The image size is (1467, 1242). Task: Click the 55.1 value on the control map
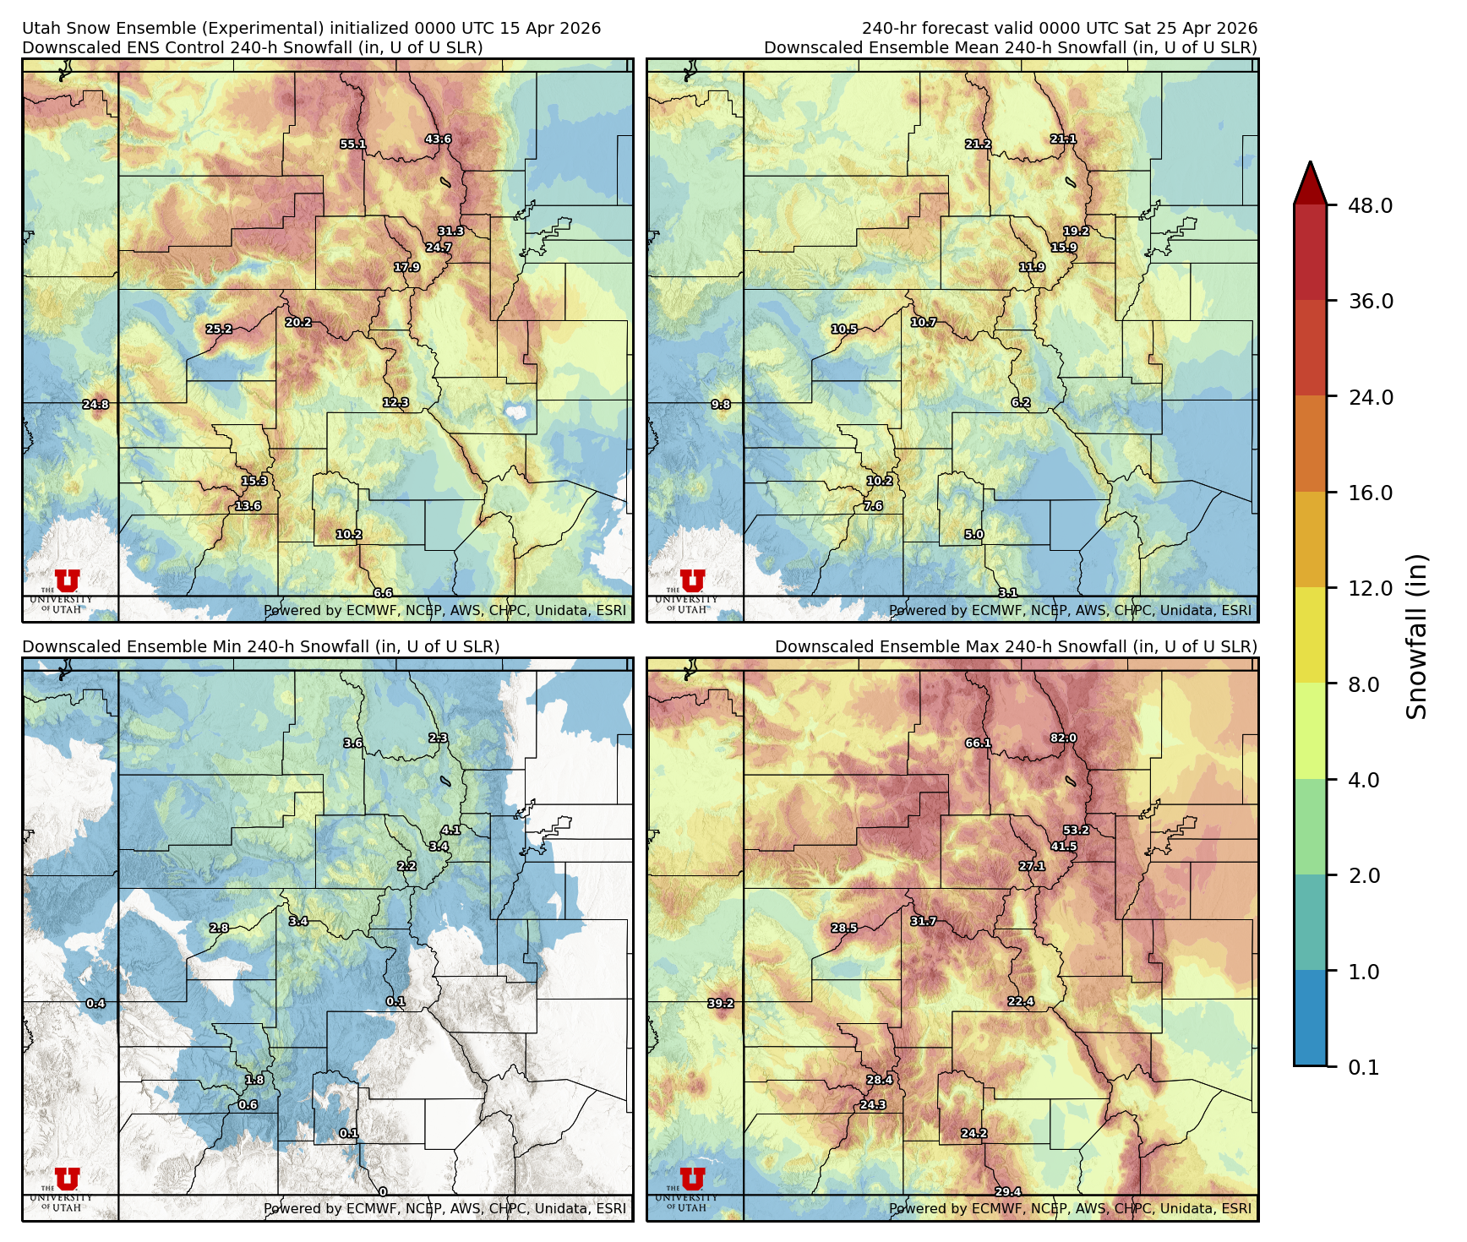coord(353,144)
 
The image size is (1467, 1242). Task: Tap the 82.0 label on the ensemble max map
coord(1063,738)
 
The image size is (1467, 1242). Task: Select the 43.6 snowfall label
coord(438,139)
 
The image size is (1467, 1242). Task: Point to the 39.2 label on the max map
coord(721,1004)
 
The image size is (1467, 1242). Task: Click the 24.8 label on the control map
coord(95,405)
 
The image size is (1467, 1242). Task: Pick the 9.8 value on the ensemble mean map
coord(721,405)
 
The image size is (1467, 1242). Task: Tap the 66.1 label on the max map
coord(978,744)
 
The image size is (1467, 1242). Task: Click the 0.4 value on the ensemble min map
coord(95,1004)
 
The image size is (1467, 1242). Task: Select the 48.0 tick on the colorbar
coord(1370,205)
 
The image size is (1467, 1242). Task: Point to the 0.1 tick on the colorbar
coord(1363,1068)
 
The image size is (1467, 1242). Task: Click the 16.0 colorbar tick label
coord(1370,493)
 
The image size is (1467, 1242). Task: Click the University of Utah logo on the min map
coord(67,1179)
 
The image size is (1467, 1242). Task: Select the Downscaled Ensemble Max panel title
coord(1016,646)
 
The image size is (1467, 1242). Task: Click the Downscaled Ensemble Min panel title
coord(260,646)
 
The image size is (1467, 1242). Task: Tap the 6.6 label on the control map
coord(383,593)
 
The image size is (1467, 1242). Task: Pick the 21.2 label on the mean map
coord(978,144)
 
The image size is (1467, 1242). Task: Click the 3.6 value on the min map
coord(353,744)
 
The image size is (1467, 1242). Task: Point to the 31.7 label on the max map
coord(923,921)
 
